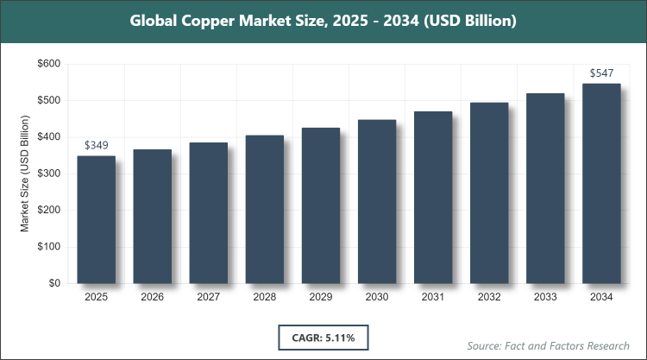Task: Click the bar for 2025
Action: (x=96, y=220)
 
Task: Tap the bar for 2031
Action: (x=433, y=198)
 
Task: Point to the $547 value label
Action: (x=601, y=73)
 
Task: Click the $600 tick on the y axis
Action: (x=48, y=64)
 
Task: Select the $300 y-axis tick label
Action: (x=48, y=174)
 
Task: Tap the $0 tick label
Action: (x=54, y=283)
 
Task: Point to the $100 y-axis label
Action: (x=48, y=247)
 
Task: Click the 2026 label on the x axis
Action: (x=153, y=297)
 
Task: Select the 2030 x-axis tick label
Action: (x=377, y=297)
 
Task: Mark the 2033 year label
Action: (x=545, y=297)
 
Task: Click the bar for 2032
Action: (x=489, y=193)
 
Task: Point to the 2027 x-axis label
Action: (x=209, y=297)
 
